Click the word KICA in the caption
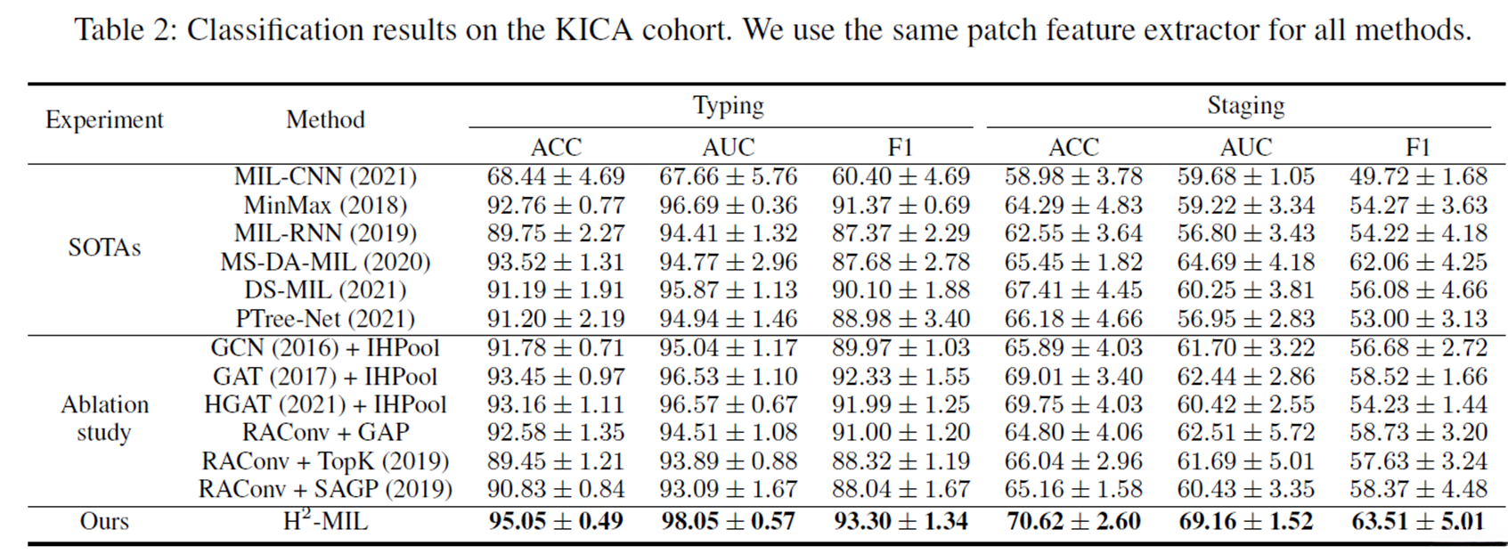tap(596, 30)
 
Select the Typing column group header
tap(728, 106)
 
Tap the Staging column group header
tap(1245, 106)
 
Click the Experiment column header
tap(104, 120)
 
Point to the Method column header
tap(325, 120)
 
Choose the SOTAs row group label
tap(104, 248)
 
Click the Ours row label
tap(104, 521)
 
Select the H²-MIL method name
tap(325, 520)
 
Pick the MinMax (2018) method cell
tap(325, 206)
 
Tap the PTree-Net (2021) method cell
tap(325, 319)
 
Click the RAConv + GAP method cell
tap(325, 433)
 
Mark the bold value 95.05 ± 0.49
tap(556, 521)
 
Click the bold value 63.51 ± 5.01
tap(1418, 521)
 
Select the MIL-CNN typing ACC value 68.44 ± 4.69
tap(556, 177)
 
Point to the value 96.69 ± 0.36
tap(728, 206)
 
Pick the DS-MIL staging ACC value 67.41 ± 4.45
tap(1073, 290)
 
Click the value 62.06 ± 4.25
tap(1418, 263)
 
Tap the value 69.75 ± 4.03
tap(1073, 404)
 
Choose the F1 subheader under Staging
tap(1418, 147)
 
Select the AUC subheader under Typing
tap(728, 147)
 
